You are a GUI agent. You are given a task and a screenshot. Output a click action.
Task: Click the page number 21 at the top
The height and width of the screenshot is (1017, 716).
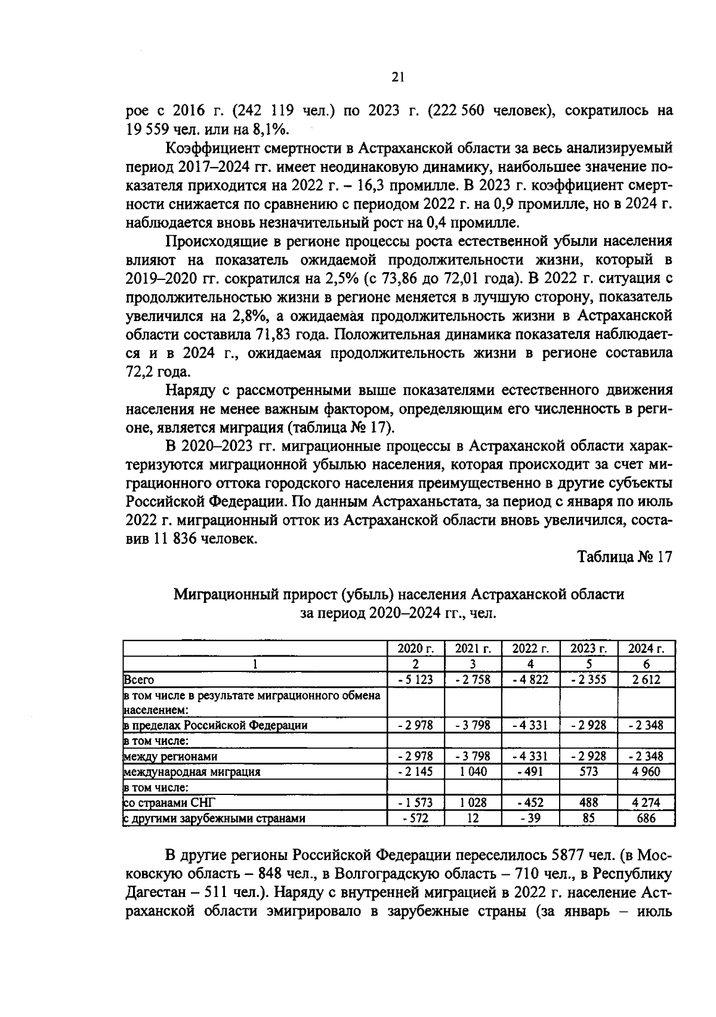click(x=399, y=76)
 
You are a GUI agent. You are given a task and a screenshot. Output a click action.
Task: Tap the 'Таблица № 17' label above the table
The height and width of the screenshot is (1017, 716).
click(x=625, y=557)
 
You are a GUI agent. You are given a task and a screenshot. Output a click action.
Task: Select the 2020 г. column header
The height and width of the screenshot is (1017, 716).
click(x=416, y=649)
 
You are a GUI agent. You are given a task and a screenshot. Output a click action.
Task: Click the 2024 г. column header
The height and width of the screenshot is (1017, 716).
click(x=647, y=649)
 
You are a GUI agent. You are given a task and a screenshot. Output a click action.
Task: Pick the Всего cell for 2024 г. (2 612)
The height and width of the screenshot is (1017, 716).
click(x=647, y=680)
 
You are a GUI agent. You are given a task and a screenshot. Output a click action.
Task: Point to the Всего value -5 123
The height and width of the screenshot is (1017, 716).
click(x=416, y=680)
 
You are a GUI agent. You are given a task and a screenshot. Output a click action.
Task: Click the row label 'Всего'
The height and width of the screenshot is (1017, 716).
click(x=138, y=680)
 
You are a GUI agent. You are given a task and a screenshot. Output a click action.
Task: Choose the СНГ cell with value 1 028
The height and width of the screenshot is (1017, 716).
click(x=473, y=803)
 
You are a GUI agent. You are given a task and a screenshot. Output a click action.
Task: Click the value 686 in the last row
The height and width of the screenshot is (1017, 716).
click(x=647, y=818)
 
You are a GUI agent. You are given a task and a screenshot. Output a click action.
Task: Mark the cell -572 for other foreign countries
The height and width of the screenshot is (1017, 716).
click(x=416, y=818)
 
